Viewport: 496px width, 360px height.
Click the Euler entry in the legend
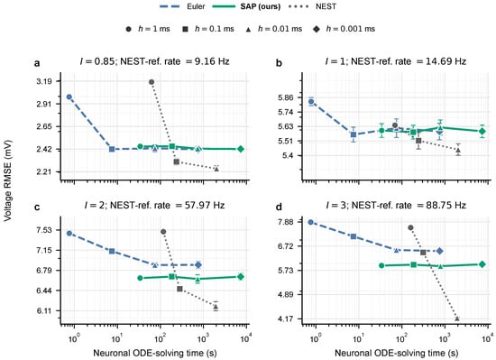click(x=182, y=6)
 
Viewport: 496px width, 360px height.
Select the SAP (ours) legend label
click(x=261, y=6)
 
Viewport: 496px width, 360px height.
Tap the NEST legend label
click(x=326, y=6)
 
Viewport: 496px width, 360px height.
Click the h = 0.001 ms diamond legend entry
click(x=344, y=29)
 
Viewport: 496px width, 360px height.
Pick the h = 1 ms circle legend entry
click(x=148, y=29)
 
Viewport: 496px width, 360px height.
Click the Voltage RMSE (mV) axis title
click(x=7, y=180)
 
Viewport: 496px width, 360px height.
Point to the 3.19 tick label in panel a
click(x=44, y=81)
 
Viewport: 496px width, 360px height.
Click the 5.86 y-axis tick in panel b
click(x=286, y=97)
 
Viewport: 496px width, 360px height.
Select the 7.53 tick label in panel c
click(x=44, y=230)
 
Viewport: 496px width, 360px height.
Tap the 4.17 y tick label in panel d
click(x=286, y=318)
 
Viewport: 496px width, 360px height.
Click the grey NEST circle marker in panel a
click(x=152, y=82)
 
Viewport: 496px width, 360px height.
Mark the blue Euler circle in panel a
click(x=69, y=97)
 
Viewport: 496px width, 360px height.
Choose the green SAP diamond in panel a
click(x=241, y=149)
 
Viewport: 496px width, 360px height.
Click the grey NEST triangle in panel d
click(x=457, y=318)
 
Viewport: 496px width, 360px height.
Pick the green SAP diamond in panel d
click(x=482, y=264)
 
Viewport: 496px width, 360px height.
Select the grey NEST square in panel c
click(x=179, y=289)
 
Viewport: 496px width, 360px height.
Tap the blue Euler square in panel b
click(x=354, y=134)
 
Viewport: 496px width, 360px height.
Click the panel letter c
click(x=37, y=208)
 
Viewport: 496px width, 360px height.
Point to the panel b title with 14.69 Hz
click(x=396, y=61)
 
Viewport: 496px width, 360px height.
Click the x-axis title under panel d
click(x=397, y=353)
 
